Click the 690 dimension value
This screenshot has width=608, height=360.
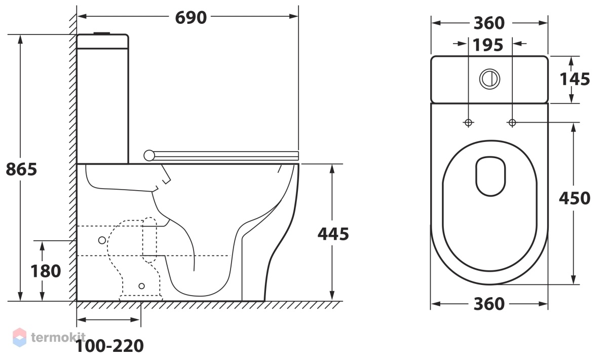191,18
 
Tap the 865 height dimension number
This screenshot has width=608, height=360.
21,169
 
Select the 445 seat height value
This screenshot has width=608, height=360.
333,234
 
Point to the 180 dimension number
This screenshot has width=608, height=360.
46,271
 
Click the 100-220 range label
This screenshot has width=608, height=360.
109,346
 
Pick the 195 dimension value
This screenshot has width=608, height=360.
488,45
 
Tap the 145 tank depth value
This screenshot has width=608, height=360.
575,79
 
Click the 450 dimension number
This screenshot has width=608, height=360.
575,198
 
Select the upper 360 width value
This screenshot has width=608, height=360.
489,23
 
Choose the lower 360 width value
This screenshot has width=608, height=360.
489,304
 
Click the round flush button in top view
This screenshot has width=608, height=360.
489,79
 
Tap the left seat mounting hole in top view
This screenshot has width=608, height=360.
468,123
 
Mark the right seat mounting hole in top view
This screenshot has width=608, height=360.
512,123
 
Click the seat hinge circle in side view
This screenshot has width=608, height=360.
149,156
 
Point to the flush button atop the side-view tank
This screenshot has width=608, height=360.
102,33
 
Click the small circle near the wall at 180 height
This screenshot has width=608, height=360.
102,240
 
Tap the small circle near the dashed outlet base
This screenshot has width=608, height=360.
142,286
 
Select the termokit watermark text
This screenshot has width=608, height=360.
58,338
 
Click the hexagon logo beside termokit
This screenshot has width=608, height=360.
20,338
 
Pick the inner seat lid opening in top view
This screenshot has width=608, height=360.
490,176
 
